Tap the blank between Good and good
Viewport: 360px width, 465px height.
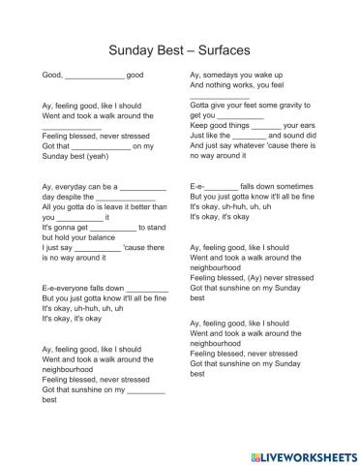click(95, 75)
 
